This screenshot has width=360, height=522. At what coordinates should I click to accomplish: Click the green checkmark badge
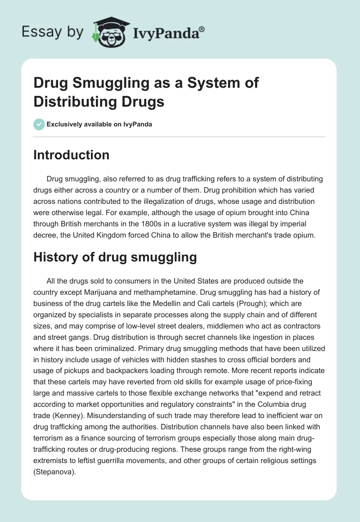(39, 124)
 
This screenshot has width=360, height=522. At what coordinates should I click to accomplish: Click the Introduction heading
(72, 155)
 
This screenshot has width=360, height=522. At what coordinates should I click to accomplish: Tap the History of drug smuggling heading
(115, 257)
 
